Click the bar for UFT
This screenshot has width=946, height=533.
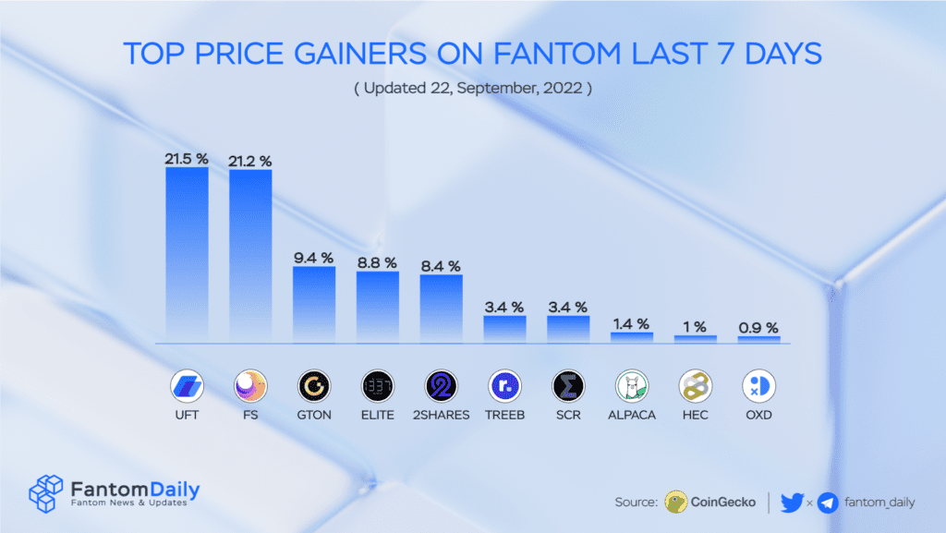[x=187, y=254]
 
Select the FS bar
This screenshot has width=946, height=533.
[x=250, y=256]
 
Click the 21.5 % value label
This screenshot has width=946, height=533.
[x=187, y=159]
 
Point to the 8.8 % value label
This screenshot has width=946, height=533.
[x=378, y=262]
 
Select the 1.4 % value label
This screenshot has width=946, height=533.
[x=631, y=323]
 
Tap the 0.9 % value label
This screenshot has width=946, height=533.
[x=758, y=328]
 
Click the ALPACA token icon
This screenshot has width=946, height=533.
[x=632, y=385]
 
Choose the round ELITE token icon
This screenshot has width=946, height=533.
[x=378, y=385]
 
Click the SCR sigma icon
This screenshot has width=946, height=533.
[x=568, y=385]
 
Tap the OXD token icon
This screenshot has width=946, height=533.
[x=758, y=385]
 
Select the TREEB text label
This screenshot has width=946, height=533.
[x=504, y=415]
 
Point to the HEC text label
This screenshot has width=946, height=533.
[x=695, y=415]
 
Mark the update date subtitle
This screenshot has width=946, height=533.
[x=472, y=90]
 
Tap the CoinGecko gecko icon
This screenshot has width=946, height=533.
[x=676, y=502]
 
